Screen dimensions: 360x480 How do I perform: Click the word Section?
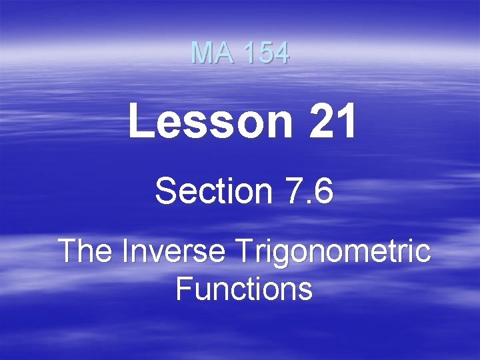pyautogui.click(x=213, y=192)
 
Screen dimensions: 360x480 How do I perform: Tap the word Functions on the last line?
pyautogui.click(x=244, y=289)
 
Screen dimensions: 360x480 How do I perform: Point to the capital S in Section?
pyautogui.click(x=165, y=192)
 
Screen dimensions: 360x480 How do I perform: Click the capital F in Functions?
pyautogui.click(x=183, y=289)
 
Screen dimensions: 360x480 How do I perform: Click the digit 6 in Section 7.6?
pyautogui.click(x=322, y=192)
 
